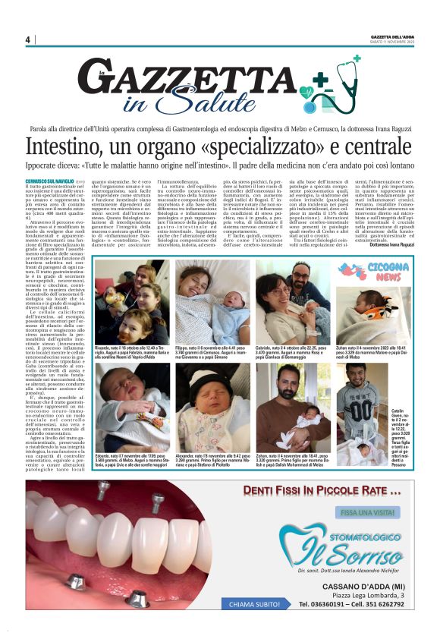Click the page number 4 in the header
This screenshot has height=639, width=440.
click(27, 39)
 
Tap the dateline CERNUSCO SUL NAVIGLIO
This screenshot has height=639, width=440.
click(50, 180)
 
